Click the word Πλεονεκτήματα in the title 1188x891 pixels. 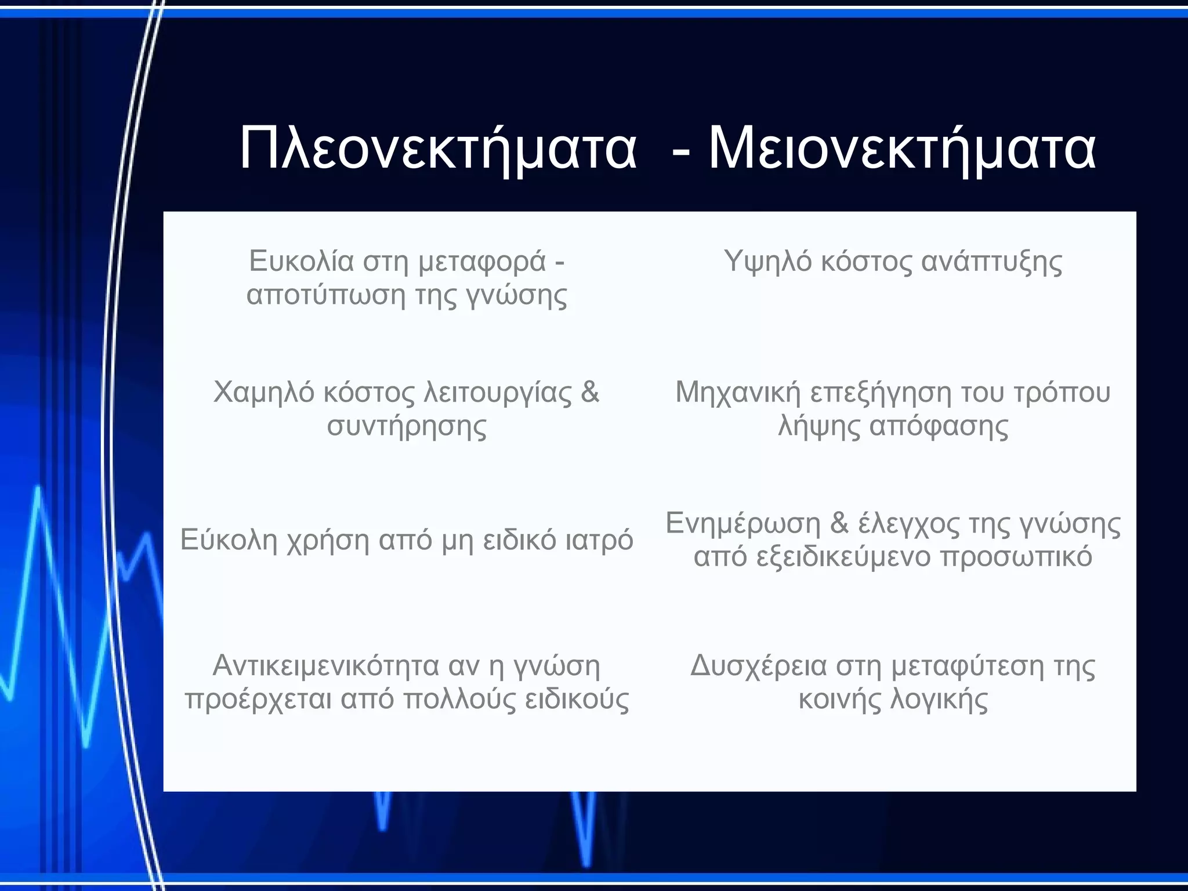438,150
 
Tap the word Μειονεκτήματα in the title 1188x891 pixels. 902,150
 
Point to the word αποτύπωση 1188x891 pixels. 325,295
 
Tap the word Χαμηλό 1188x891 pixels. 263,393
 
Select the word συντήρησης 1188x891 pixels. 407,426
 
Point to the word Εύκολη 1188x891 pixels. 229,540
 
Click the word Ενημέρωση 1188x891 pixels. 743,524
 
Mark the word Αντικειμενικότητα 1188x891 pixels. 325,666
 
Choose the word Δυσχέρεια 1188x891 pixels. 758,666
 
